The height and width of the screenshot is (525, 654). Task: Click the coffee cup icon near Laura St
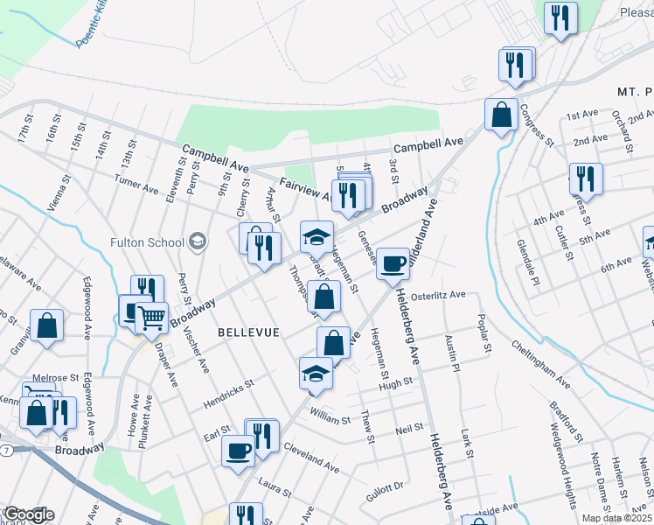click(239, 451)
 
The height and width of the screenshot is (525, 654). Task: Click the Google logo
click(28, 514)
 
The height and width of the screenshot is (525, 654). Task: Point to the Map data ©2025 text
click(617, 518)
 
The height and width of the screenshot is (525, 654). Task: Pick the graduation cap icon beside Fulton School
click(198, 242)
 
